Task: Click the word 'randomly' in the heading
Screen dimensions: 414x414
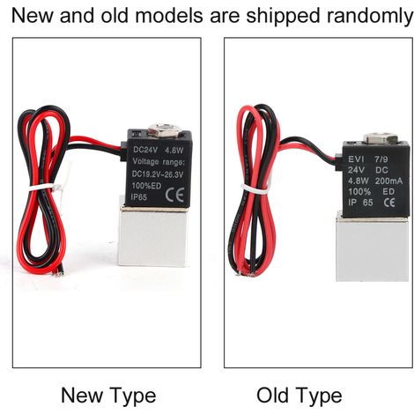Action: coord(370,16)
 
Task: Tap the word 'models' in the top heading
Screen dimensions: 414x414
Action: coord(169,15)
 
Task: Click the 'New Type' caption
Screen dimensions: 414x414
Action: coord(108,396)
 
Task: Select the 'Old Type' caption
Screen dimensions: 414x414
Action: coord(299,396)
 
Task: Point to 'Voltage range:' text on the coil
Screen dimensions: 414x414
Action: coord(159,162)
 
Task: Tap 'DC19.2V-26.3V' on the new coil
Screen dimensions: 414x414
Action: coord(158,174)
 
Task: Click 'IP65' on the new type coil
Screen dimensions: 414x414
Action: coord(139,196)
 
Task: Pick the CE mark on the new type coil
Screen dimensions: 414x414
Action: coord(174,195)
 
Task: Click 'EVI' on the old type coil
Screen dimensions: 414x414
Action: coord(356,159)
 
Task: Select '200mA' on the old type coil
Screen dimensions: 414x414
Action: coord(388,181)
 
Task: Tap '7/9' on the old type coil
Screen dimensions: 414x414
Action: coord(381,159)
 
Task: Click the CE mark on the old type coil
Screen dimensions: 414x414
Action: coord(389,203)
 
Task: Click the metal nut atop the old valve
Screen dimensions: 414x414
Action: coord(380,139)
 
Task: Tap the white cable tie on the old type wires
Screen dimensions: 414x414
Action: coord(255,189)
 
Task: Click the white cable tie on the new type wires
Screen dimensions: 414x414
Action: coord(47,187)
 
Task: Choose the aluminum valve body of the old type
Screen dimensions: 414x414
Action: coord(372,248)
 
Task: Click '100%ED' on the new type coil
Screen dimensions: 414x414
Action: coord(146,186)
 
